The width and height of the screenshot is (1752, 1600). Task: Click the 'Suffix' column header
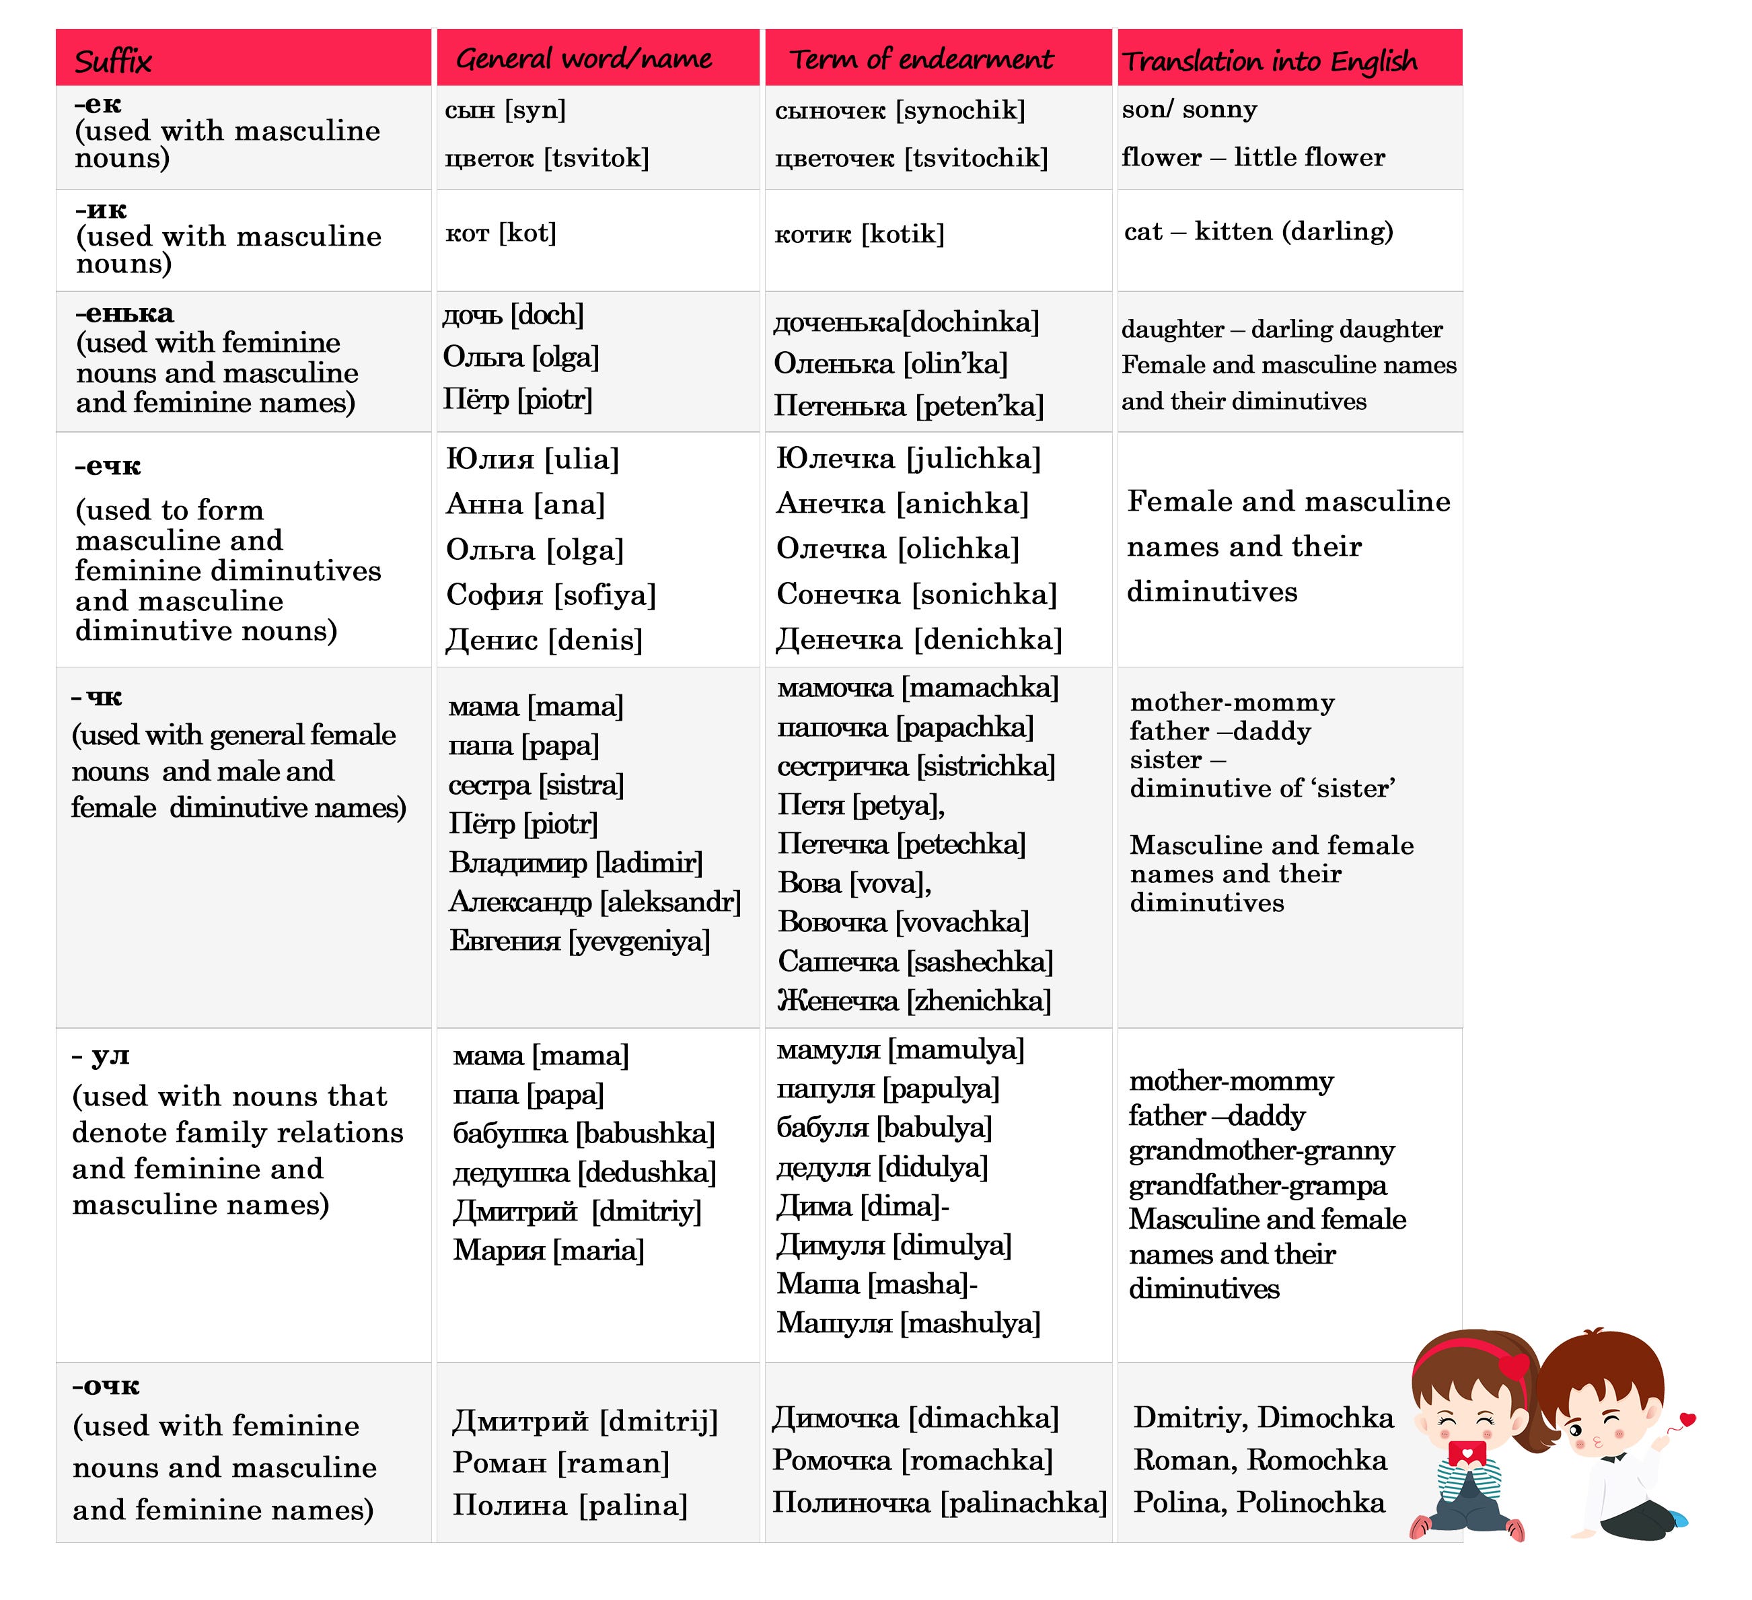[x=113, y=61]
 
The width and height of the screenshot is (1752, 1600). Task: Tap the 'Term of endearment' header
[x=920, y=59]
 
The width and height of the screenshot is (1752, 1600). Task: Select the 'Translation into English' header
[x=1269, y=61]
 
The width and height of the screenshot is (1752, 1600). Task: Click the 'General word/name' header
[x=584, y=59]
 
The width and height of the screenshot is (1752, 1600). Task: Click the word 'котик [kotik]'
[x=859, y=233]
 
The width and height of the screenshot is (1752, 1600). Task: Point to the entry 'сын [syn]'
[x=505, y=110]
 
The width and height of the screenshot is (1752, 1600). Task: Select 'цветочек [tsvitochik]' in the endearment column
[x=911, y=158]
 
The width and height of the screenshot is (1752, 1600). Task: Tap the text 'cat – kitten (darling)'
[x=1258, y=231]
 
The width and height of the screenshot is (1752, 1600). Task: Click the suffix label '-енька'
[x=124, y=313]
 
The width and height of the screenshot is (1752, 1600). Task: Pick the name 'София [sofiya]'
[x=551, y=595]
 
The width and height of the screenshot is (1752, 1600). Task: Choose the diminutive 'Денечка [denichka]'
[x=918, y=640]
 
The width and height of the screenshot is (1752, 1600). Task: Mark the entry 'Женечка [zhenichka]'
[x=914, y=1001]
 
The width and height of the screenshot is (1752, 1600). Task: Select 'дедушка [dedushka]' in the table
[x=584, y=1172]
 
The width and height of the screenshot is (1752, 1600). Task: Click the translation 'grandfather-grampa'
[x=1257, y=1186]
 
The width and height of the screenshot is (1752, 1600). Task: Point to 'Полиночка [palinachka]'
[x=939, y=1502]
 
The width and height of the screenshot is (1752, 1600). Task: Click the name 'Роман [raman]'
[x=560, y=1463]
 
